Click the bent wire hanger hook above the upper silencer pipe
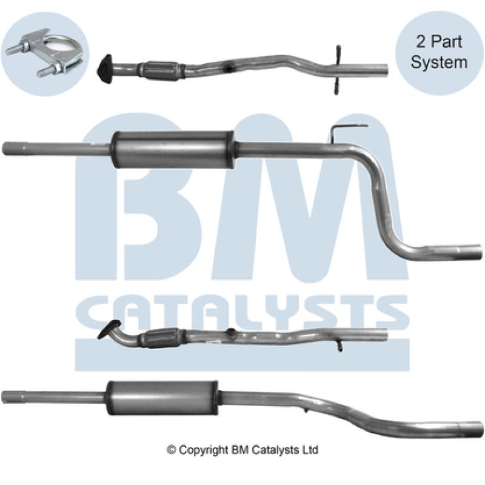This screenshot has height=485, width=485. pyautogui.click(x=348, y=129)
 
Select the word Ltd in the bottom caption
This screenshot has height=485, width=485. pyautogui.click(x=310, y=450)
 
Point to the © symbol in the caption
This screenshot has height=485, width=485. pyautogui.click(x=171, y=450)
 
